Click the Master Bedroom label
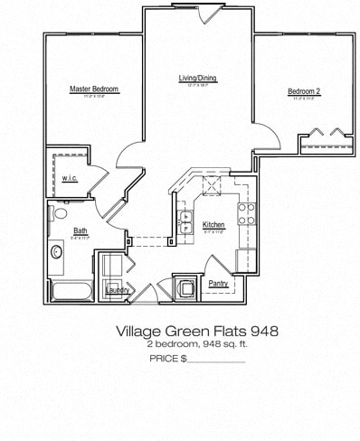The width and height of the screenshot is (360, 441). click(x=94, y=89)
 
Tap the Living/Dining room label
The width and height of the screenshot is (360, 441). click(x=197, y=79)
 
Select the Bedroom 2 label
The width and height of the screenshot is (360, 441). click(x=305, y=91)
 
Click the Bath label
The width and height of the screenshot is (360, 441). click(x=81, y=230)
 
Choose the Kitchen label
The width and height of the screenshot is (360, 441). click(x=213, y=224)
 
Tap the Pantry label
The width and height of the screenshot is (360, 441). click(x=218, y=284)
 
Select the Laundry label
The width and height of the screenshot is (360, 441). click(x=117, y=290)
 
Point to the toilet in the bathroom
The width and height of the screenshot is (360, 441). click(x=61, y=214)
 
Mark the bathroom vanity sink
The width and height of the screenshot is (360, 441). click(x=56, y=252)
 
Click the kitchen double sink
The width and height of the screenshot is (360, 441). click(x=187, y=222)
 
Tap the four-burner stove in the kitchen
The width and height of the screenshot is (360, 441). click(x=245, y=213)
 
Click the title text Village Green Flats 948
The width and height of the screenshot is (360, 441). click(x=196, y=332)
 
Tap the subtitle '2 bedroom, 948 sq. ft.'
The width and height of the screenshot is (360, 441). click(x=196, y=345)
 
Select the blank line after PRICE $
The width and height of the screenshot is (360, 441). click(x=216, y=360)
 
